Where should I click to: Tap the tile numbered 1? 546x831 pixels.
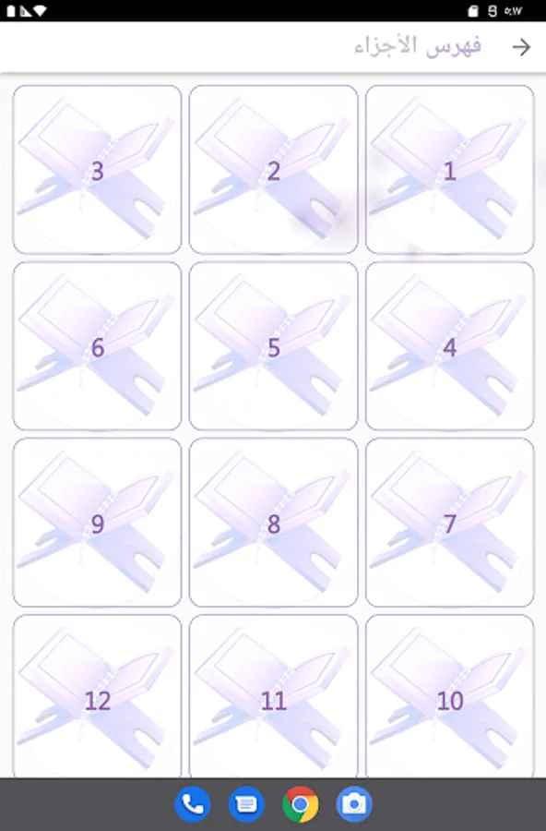click(x=449, y=170)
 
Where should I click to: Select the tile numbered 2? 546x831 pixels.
click(x=273, y=170)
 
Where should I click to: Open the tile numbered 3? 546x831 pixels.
click(x=97, y=170)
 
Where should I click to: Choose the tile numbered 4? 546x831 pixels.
click(x=449, y=346)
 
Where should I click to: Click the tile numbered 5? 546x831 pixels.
click(x=273, y=346)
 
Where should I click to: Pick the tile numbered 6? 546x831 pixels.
click(x=97, y=346)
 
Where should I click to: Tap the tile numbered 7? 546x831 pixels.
click(x=449, y=523)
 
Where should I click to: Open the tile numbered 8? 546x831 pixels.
click(x=273, y=523)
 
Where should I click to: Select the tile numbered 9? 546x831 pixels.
click(x=97, y=523)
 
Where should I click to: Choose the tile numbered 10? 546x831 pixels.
click(x=449, y=696)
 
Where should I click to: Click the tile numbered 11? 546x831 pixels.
click(x=273, y=696)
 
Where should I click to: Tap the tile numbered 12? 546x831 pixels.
click(x=97, y=696)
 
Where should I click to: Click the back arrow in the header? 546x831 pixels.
click(x=522, y=47)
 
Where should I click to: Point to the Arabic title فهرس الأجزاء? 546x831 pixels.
click(x=417, y=46)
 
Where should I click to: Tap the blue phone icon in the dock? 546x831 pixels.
click(x=192, y=804)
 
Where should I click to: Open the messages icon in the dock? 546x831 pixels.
click(x=246, y=804)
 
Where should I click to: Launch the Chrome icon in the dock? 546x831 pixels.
click(x=301, y=804)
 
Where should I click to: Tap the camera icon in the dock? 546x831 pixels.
click(x=354, y=804)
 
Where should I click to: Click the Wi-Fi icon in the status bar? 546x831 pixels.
click(x=40, y=11)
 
